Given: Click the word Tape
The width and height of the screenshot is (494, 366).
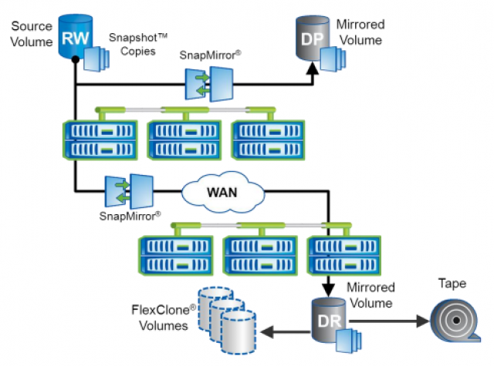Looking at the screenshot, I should click(x=452, y=284).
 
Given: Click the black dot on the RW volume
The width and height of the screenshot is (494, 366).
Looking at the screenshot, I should click(x=73, y=58).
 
